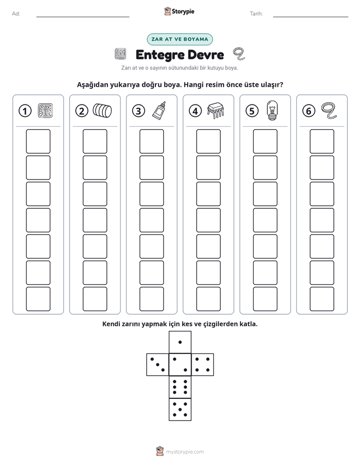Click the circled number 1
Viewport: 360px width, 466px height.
click(x=25, y=111)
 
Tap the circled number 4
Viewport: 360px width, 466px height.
click(x=195, y=111)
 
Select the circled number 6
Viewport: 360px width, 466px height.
click(x=309, y=111)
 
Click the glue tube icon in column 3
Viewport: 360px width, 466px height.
click(x=159, y=110)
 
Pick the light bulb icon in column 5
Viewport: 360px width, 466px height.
click(x=272, y=110)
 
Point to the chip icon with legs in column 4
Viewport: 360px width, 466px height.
click(x=216, y=110)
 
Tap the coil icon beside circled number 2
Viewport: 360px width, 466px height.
click(x=102, y=110)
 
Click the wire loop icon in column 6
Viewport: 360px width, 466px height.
click(x=329, y=110)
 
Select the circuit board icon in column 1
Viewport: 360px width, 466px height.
click(x=45, y=110)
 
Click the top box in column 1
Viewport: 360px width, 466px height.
click(x=38, y=141)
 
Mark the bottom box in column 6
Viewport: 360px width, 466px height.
click(x=322, y=299)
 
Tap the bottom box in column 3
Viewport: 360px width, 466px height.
click(x=151, y=299)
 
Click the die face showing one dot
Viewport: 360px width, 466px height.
click(x=180, y=342)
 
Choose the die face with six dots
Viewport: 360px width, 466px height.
click(x=180, y=387)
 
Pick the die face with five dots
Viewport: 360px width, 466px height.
click(x=180, y=409)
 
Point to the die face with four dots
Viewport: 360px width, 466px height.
click(x=203, y=365)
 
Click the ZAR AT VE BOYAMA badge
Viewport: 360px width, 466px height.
click(x=179, y=39)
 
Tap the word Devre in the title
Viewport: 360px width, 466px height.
click(x=206, y=54)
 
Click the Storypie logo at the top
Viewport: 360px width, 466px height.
click(x=179, y=12)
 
